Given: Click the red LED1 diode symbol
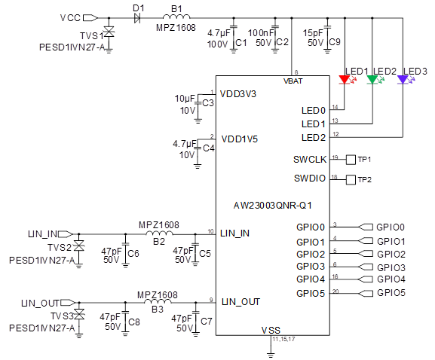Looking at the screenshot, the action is click(345, 80).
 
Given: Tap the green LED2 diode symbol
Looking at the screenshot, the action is click(372, 80).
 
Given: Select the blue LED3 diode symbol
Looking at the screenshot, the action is click(403, 80).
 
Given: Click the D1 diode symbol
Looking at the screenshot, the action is click(137, 18).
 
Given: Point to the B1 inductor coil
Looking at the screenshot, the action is click(176, 17).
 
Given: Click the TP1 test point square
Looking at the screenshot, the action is click(351, 160).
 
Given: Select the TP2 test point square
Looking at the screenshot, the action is click(351, 179).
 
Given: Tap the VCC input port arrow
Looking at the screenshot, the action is click(90, 18).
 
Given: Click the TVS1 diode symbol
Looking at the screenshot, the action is click(109, 32).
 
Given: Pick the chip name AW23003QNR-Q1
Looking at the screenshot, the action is click(273, 206).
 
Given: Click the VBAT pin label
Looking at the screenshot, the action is click(293, 81).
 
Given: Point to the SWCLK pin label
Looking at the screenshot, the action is click(310, 160).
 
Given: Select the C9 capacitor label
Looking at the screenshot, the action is click(335, 42).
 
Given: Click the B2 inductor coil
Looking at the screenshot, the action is click(159, 233).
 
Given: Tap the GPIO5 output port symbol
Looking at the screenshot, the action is click(366, 293).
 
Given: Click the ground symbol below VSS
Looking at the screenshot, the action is click(271, 355).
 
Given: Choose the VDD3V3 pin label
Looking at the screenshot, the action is click(238, 94).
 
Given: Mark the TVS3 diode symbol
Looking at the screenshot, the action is click(79, 314).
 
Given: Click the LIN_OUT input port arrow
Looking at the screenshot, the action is click(68, 302).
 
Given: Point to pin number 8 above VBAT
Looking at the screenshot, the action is click(296, 72).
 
